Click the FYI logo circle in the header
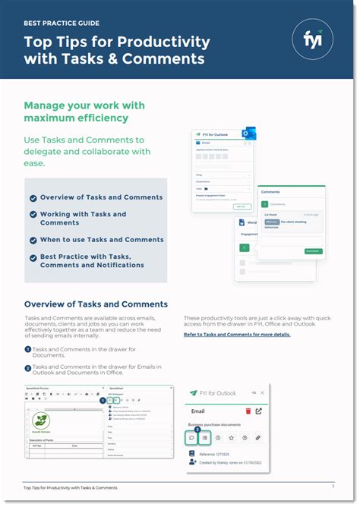click(x=313, y=39)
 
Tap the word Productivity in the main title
click(x=163, y=41)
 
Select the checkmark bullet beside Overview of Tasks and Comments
click(x=33, y=198)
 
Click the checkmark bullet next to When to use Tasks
click(x=33, y=240)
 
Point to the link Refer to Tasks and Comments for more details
click(x=237, y=334)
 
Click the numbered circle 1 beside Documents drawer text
click(x=27, y=350)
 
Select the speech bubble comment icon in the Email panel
click(x=191, y=437)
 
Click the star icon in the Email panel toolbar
click(x=231, y=437)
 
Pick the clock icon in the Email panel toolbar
click(x=218, y=437)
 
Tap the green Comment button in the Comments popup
click(x=313, y=250)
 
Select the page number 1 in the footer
click(x=333, y=486)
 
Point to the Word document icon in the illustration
click(x=242, y=223)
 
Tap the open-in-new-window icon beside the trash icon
click(x=260, y=411)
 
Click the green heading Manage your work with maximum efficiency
click(x=84, y=112)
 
